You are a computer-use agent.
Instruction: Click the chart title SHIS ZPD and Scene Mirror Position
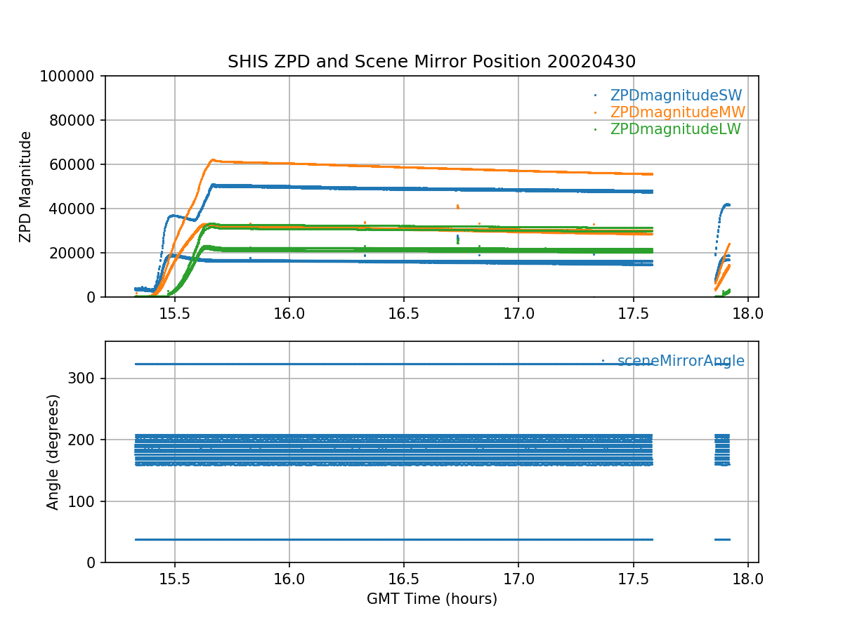coord(431,62)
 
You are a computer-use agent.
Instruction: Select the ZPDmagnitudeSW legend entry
coord(676,96)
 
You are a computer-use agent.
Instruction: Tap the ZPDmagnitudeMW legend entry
coord(677,112)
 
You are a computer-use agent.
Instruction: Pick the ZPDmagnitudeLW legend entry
coord(675,129)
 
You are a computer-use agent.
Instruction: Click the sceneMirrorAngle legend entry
coord(681,361)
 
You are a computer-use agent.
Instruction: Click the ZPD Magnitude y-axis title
coord(26,186)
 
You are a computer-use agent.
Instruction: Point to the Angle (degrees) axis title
coord(53,452)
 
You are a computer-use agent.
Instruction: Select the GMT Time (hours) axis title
coord(431,599)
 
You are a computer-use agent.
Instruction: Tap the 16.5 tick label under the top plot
coord(404,314)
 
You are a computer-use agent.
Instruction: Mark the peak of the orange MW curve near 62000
coord(213,160)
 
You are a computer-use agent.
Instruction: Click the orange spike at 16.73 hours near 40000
coord(457,206)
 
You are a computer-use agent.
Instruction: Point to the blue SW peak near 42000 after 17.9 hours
coord(727,204)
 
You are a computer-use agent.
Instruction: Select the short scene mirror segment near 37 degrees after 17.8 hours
coord(722,539)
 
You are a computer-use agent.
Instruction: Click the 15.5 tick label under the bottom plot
coord(174,579)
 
